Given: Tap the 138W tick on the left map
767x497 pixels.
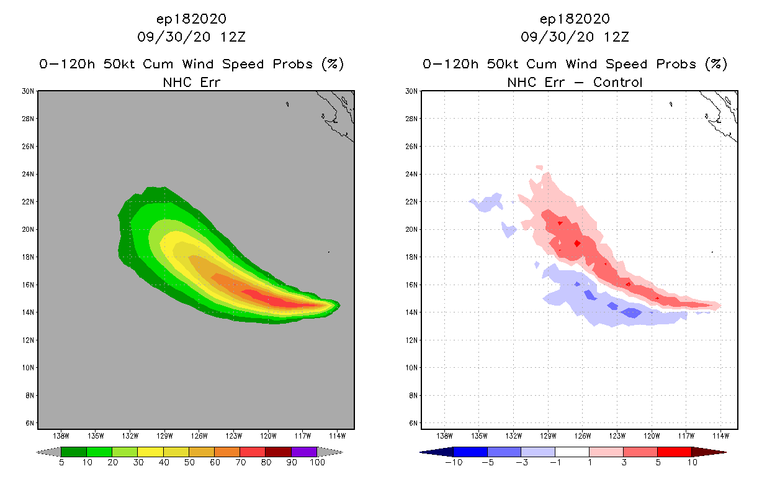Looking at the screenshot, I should [61, 436].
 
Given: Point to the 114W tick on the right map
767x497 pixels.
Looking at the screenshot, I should [720, 436].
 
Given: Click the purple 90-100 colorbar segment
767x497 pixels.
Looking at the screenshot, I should [304, 452].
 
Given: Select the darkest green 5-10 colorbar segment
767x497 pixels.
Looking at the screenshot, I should [74, 452].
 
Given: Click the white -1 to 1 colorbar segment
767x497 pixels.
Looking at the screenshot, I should [572, 452].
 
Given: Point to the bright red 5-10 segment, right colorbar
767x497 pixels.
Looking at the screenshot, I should [674, 452].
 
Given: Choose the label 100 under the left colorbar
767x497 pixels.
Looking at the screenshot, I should [317, 463].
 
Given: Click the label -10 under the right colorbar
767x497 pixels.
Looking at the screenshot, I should [453, 463].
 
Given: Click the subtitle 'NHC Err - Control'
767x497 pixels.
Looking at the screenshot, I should [575, 82].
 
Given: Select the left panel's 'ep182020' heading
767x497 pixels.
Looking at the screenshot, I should [191, 19].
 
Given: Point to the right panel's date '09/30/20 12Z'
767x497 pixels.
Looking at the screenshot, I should [575, 37].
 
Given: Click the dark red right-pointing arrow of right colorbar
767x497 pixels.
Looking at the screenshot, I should [709, 452].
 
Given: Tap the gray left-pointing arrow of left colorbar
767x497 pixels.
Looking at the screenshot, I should [48, 452].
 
